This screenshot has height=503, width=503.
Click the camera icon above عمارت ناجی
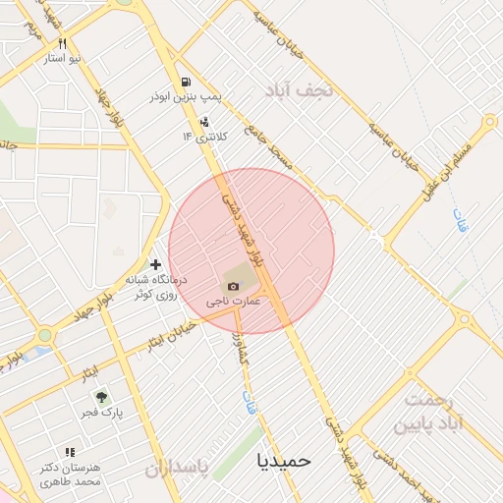[x=232, y=286]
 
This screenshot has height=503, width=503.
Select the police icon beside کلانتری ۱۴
[x=203, y=122]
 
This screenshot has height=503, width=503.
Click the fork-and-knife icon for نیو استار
[x=62, y=43]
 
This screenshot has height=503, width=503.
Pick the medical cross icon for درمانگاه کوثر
[x=154, y=264]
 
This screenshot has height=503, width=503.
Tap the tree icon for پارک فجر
[x=100, y=397]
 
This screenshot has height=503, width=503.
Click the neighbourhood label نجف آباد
[x=301, y=90]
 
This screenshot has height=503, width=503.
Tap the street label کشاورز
[x=239, y=344]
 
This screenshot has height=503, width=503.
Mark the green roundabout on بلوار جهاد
[x=44, y=336]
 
